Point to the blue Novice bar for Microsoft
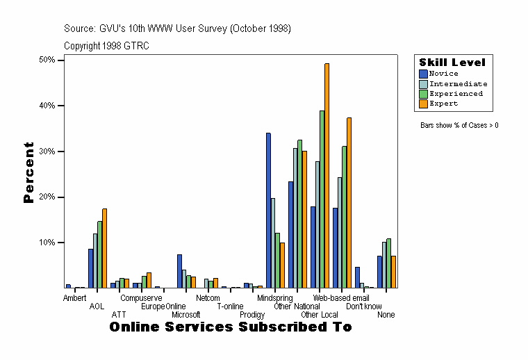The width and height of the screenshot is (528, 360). coord(179,271)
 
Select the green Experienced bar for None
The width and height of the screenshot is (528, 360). coord(388,263)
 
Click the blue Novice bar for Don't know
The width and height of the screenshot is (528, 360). coord(357,277)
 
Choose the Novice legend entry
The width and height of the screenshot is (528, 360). coord(444,74)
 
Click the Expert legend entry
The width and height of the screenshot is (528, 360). coord(443,104)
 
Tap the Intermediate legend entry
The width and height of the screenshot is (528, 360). coord(458,83)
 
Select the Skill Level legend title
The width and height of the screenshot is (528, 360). coord(452,63)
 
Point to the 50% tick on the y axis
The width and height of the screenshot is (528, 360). coord(61,60)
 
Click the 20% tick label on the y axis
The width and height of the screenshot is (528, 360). coord(47,197)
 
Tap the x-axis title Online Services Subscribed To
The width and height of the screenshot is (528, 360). coord(230,327)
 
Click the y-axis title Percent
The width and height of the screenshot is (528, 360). coord(28,172)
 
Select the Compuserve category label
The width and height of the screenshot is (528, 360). coord(141,298)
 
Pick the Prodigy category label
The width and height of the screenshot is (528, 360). coord(251,315)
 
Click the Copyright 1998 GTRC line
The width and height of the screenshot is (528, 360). coord(106,46)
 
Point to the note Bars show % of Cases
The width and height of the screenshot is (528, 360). coord(459,126)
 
